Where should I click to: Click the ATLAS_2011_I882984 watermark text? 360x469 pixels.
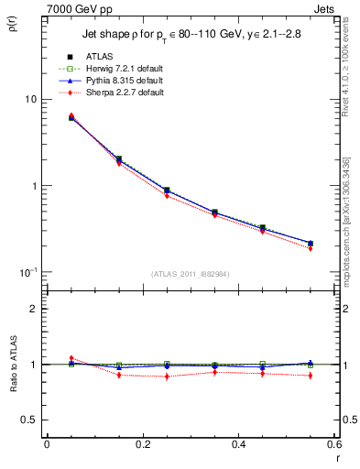pyautogui.click(x=191, y=274)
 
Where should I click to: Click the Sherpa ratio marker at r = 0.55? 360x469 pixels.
pyautogui.click(x=311, y=376)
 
